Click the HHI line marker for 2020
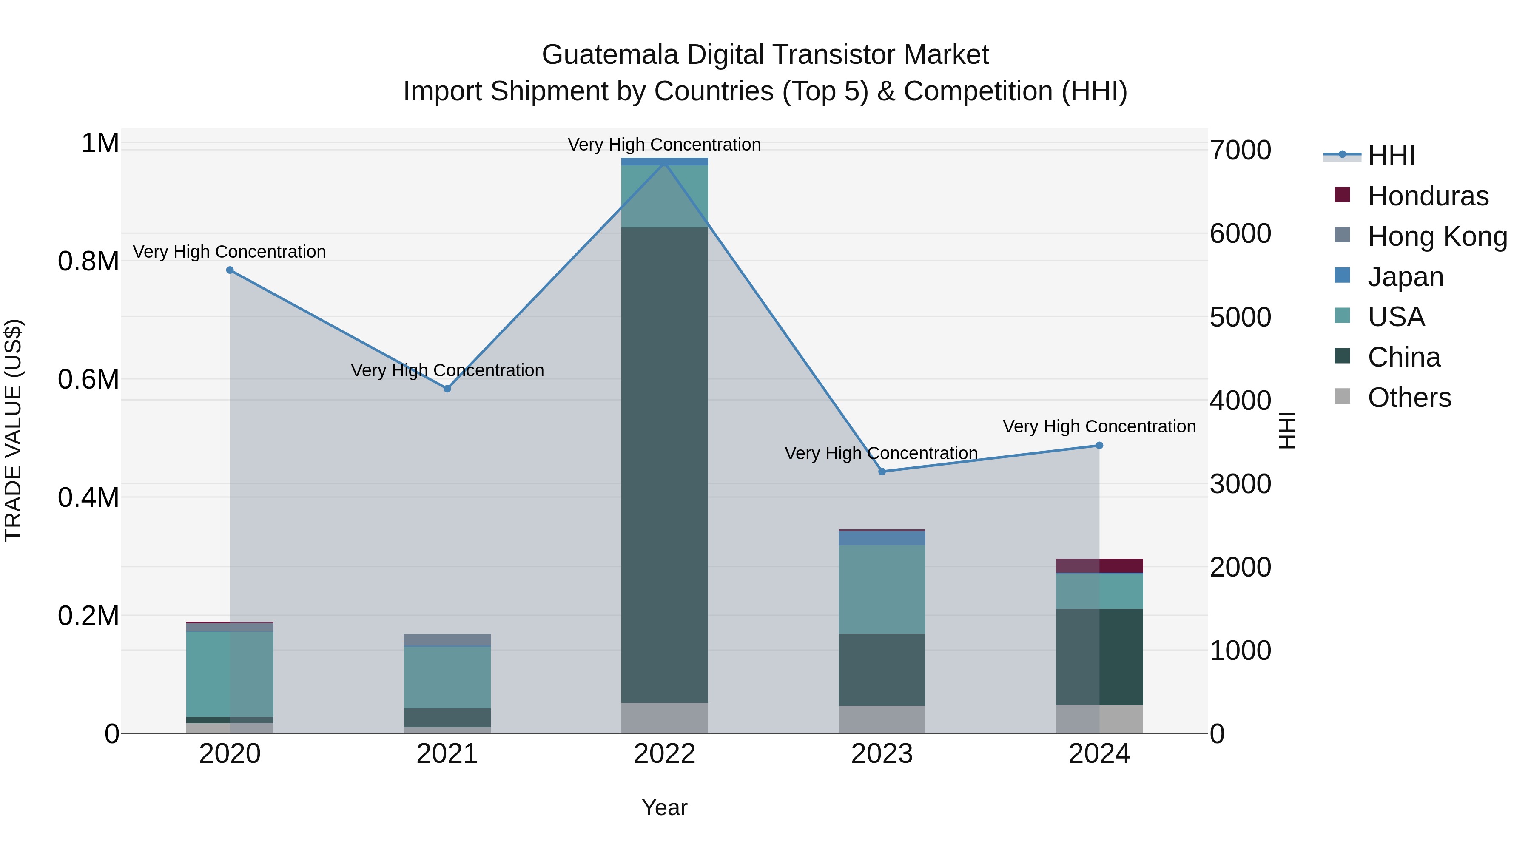pyautogui.click(x=230, y=270)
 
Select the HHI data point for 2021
pyautogui.click(x=447, y=389)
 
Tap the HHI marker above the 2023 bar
pyautogui.click(x=882, y=471)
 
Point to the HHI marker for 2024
pyautogui.click(x=1099, y=445)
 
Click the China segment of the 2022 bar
pyautogui.click(x=664, y=463)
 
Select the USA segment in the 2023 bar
pyautogui.click(x=882, y=588)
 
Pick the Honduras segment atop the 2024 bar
pyautogui.click(x=1099, y=565)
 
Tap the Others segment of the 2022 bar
pyautogui.click(x=664, y=717)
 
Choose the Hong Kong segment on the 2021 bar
pyautogui.click(x=447, y=639)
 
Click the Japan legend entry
pyautogui.click(x=1405, y=277)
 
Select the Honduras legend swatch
pyautogui.click(x=1342, y=195)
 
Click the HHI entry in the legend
pyautogui.click(x=1391, y=156)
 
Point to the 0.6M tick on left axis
pyautogui.click(x=88, y=379)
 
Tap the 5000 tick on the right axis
pyautogui.click(x=1241, y=317)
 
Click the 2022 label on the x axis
pyautogui.click(x=664, y=754)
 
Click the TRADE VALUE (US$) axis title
pyautogui.click(x=13, y=430)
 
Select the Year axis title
pyautogui.click(x=664, y=807)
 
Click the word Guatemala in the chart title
pyautogui.click(x=610, y=55)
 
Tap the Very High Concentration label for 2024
pyautogui.click(x=1099, y=426)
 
